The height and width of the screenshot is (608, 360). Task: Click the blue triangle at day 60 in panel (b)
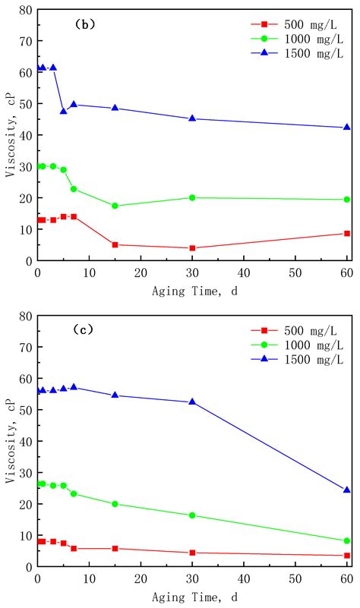[347, 128]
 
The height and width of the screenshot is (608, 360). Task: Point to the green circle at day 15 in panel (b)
[115, 206]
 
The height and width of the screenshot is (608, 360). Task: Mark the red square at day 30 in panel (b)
[192, 248]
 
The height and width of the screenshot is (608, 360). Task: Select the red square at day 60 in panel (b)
[347, 233]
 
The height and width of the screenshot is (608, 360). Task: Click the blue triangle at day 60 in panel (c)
[347, 490]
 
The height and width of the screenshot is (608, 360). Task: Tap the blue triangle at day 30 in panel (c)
[192, 402]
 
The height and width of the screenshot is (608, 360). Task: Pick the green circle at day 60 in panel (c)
[347, 541]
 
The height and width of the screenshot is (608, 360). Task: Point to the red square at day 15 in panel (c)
[115, 548]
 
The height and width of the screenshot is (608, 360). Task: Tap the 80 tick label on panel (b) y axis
[24, 10]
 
